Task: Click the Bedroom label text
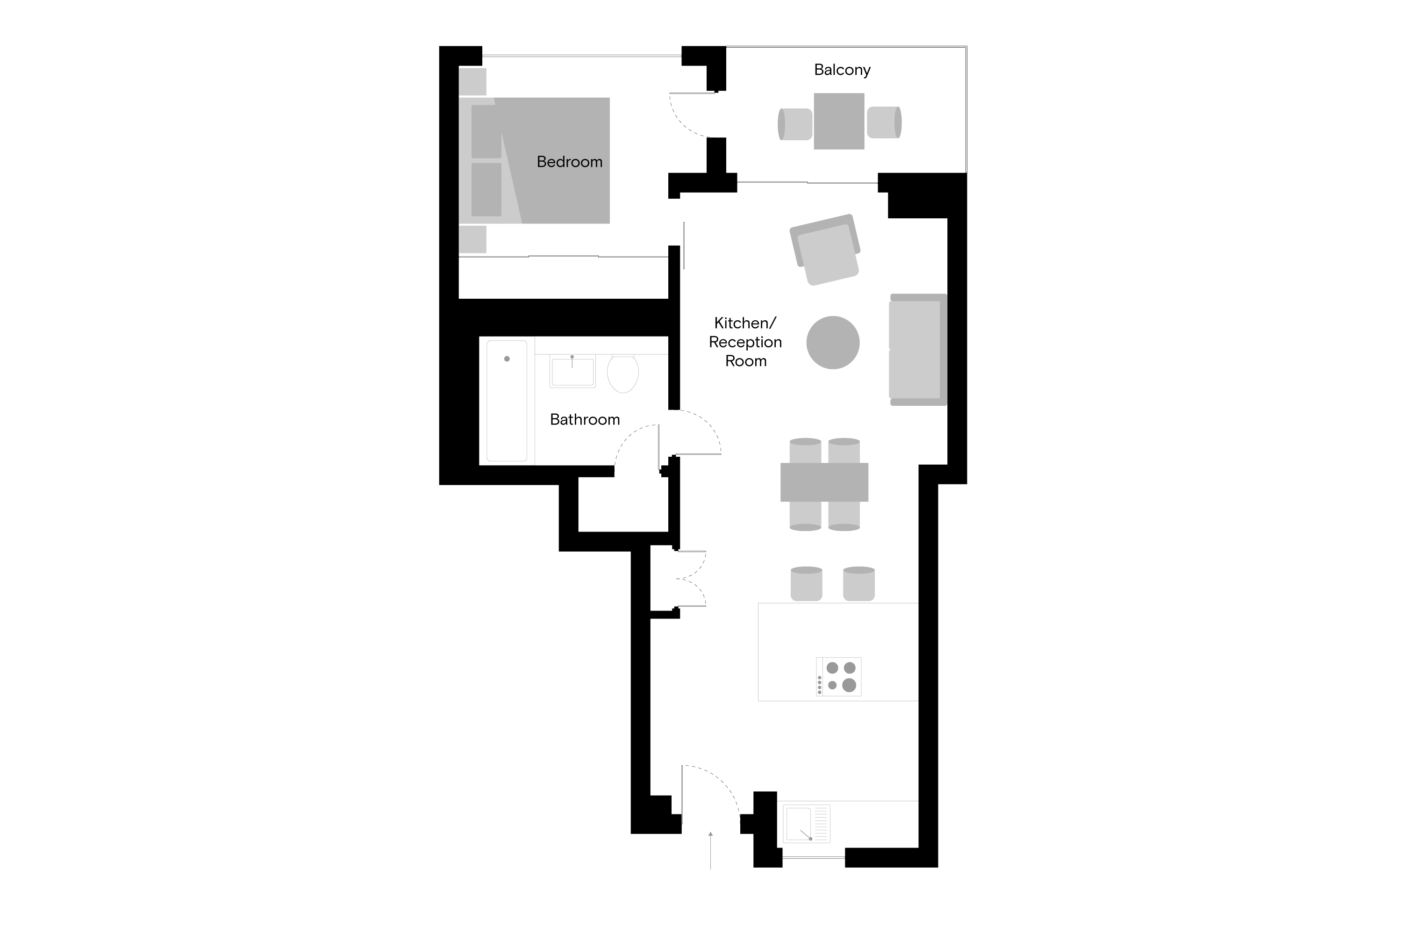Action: tap(569, 162)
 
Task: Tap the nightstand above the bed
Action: tap(472, 82)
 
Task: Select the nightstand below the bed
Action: tap(472, 239)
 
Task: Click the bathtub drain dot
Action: tap(507, 359)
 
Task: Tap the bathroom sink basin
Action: tap(572, 372)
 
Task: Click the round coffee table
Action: tap(833, 342)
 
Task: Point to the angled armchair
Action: tap(826, 250)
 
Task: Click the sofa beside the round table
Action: tap(917, 349)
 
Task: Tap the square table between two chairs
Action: tap(839, 121)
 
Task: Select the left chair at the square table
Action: tap(795, 124)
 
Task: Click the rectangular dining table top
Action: tap(824, 482)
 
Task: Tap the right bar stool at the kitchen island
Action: tap(858, 584)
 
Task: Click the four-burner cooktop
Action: tap(839, 676)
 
